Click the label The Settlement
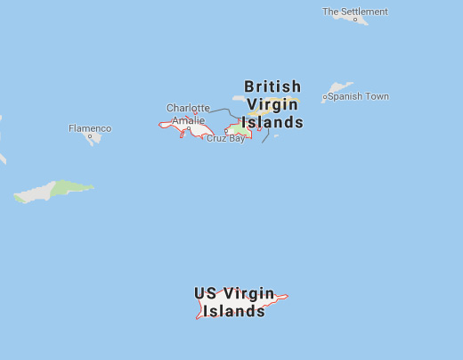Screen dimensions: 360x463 (355, 12)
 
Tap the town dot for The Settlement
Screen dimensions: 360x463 (355, 20)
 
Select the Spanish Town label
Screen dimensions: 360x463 (358, 96)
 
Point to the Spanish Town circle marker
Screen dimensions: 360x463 (325, 96)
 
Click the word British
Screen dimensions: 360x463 (272, 86)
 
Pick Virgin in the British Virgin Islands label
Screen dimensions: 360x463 (272, 105)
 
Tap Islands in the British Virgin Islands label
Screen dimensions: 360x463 (273, 123)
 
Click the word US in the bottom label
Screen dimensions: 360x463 (205, 293)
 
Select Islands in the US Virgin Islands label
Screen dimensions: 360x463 (234, 311)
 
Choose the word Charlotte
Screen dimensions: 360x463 (188, 108)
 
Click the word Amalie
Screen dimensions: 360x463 (188, 120)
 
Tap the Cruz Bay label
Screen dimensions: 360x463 (225, 139)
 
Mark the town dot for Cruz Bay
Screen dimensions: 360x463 (226, 130)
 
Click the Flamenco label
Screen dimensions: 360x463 (90, 128)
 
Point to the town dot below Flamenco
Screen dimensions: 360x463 (90, 136)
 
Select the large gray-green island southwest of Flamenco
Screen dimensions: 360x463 (53, 191)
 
